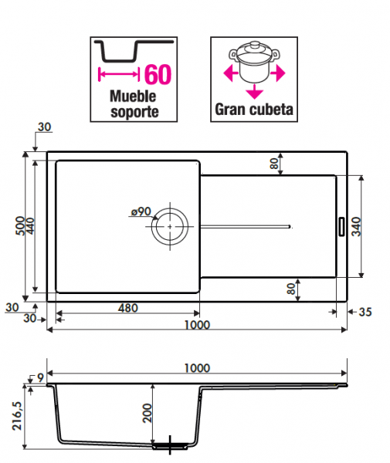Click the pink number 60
click(158, 74)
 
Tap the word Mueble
click(133, 96)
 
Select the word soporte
click(134, 112)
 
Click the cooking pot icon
click(254, 62)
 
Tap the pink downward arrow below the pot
click(254, 91)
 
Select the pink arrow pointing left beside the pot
click(231, 73)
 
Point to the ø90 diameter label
click(141, 211)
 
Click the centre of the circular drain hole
click(170, 226)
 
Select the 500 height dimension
click(20, 226)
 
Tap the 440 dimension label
click(30, 226)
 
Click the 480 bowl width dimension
click(128, 308)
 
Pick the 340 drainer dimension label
click(357, 226)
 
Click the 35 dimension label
click(365, 312)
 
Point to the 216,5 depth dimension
click(17, 415)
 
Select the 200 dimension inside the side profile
click(147, 413)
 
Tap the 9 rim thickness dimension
click(40, 377)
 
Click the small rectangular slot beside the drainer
click(341, 226)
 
